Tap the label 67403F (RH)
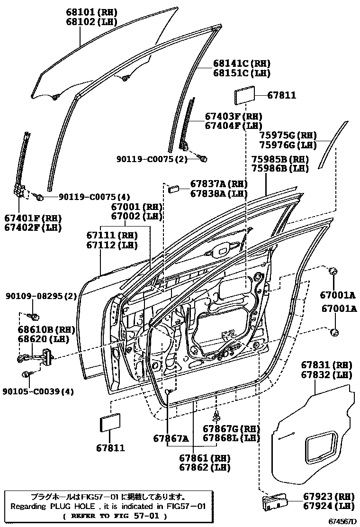pos(234,117)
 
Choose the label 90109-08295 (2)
pos(41,296)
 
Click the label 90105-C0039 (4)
pos(41,391)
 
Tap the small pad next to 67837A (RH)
pos(173,188)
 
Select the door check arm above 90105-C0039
pos(38,357)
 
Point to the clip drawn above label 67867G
pos(217,416)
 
